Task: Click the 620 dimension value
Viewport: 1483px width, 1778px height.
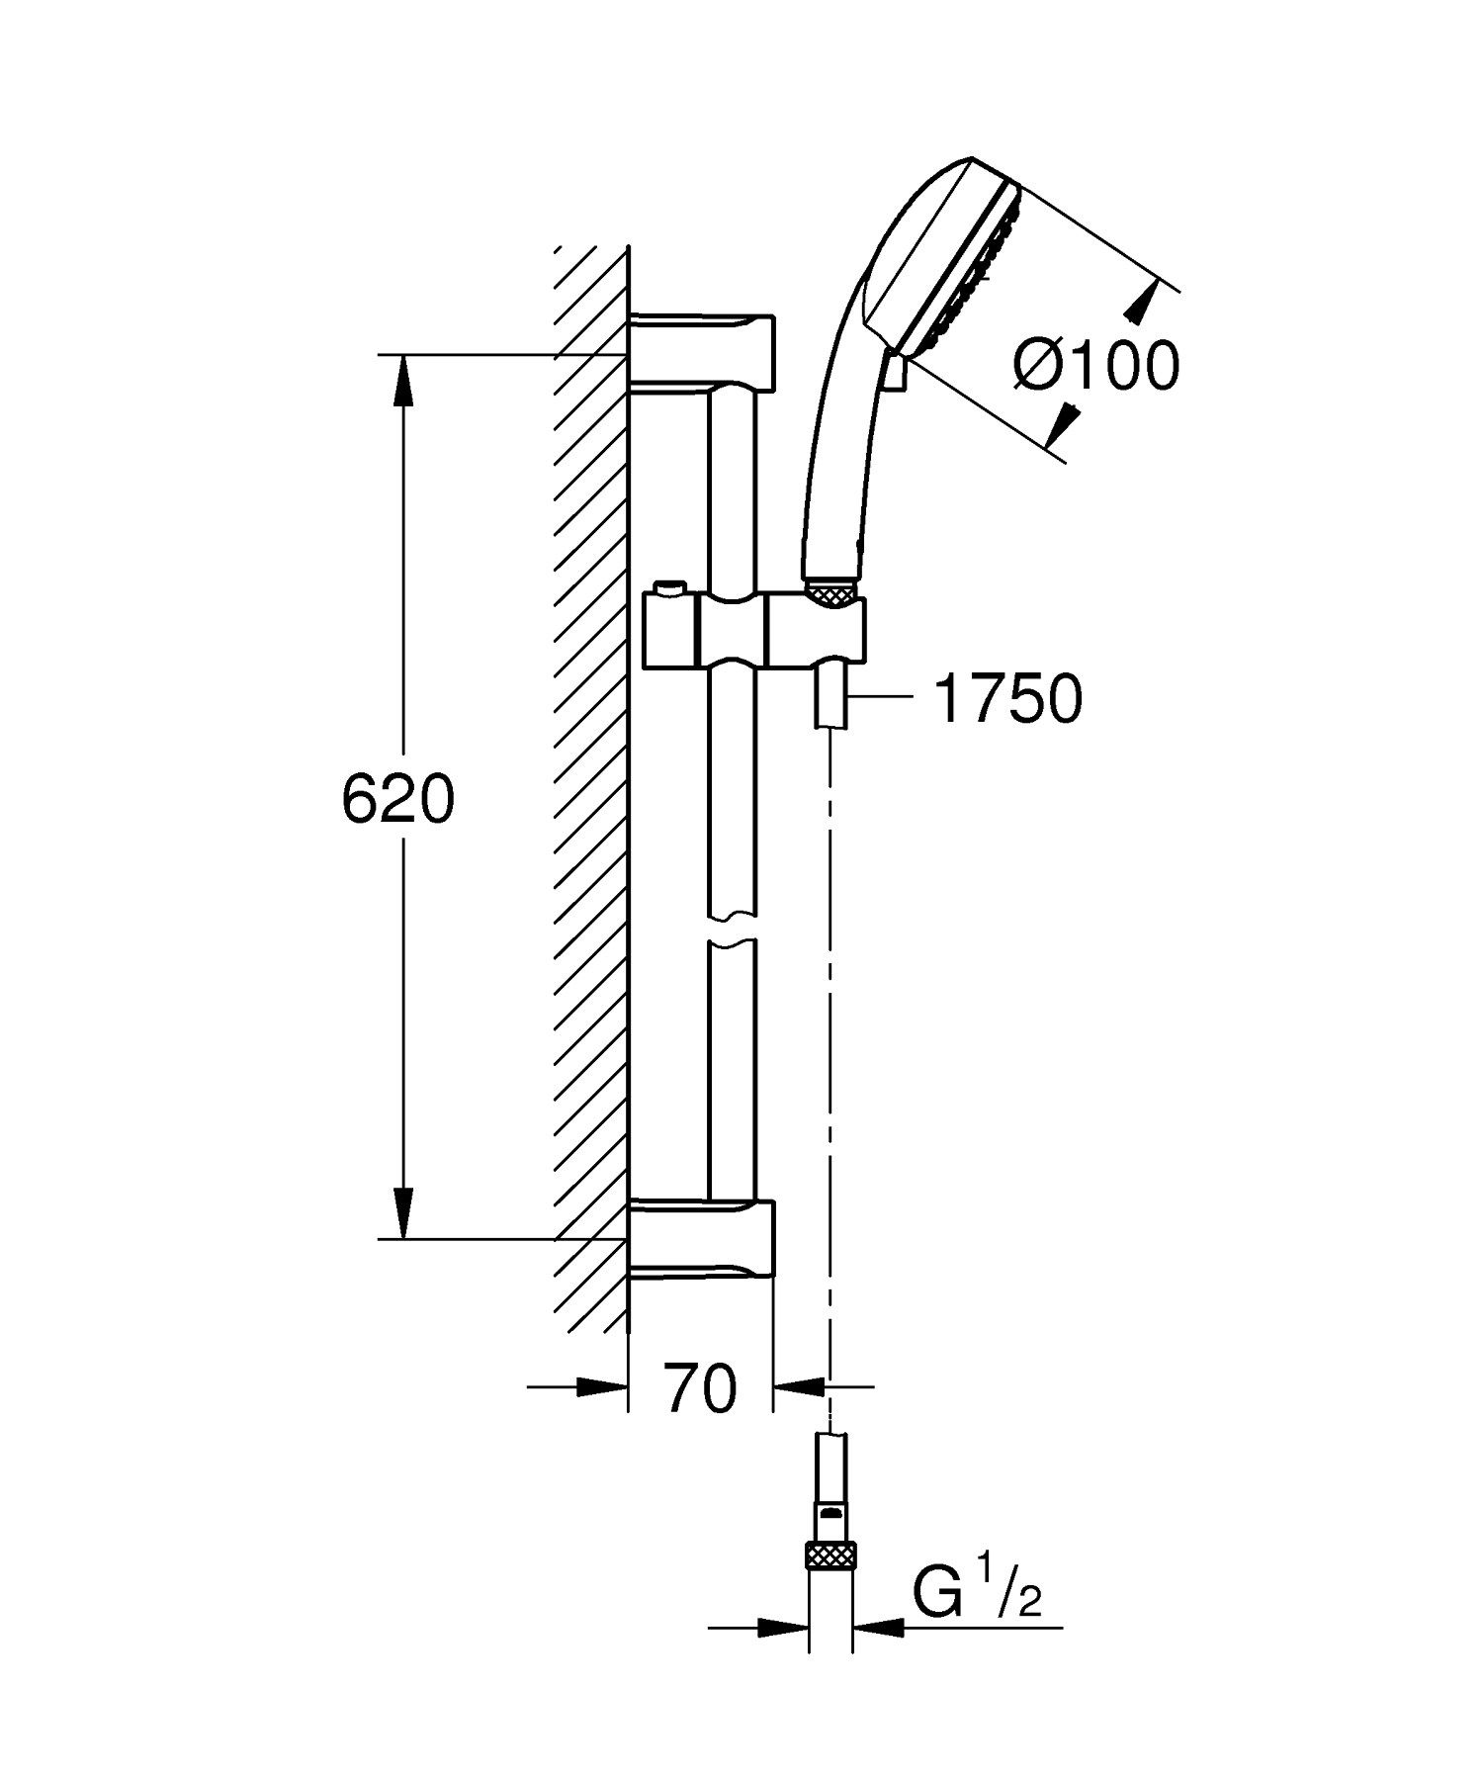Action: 397,799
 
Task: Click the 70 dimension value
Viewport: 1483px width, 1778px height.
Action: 700,1388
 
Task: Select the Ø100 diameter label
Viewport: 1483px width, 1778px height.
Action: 1095,367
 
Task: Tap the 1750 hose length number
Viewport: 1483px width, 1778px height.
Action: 1006,699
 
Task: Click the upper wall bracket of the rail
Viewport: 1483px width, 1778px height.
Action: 702,350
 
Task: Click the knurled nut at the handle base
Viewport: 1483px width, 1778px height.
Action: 832,593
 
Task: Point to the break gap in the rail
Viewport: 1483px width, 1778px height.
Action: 732,929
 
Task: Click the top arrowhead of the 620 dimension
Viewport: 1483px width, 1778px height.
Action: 402,380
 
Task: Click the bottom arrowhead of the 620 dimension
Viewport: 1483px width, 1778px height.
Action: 402,1210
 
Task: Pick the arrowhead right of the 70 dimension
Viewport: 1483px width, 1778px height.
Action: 799,1386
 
